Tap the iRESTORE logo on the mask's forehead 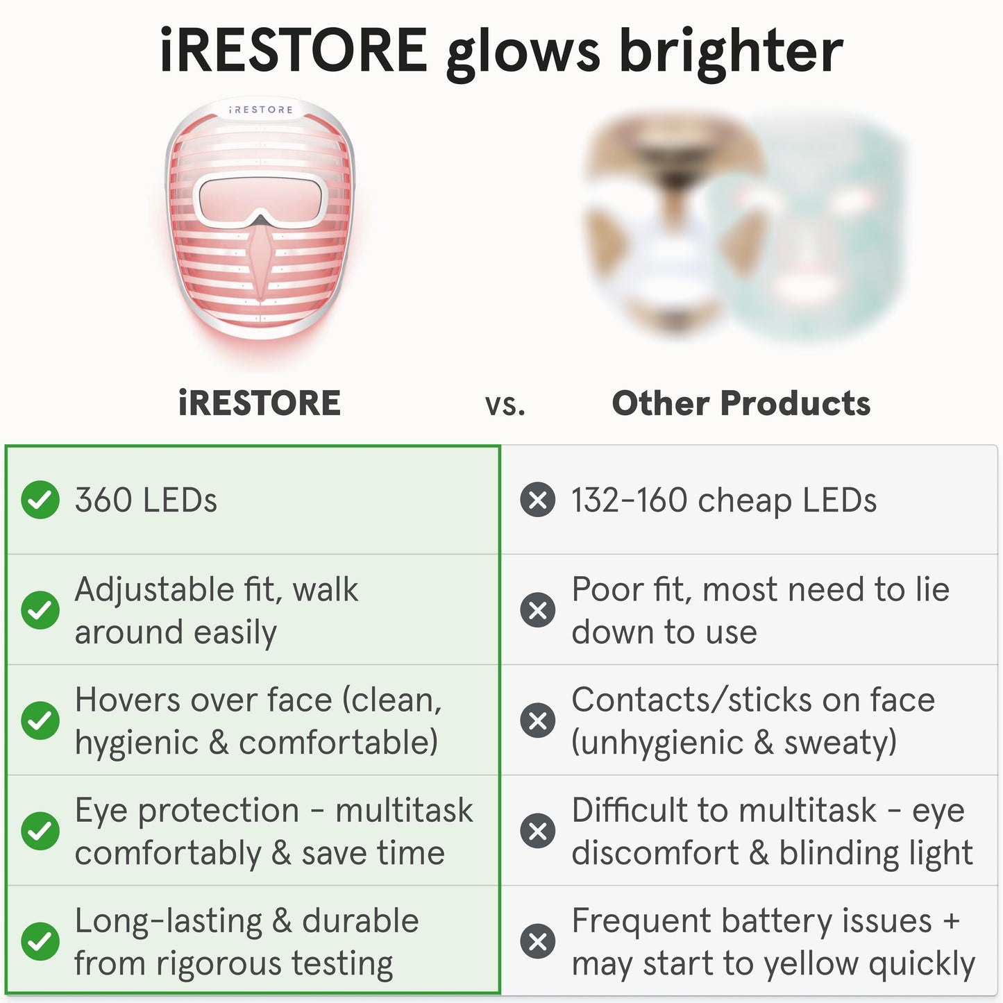[261, 110]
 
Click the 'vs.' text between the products [505, 405]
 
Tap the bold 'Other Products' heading [741, 403]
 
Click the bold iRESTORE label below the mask [260, 403]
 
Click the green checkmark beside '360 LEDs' [40, 500]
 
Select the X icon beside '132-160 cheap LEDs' [538, 500]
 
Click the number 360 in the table [103, 500]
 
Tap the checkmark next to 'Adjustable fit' [40, 610]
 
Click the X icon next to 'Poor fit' [538, 610]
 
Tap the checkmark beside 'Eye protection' [40, 831]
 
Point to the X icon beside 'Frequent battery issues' [538, 941]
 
